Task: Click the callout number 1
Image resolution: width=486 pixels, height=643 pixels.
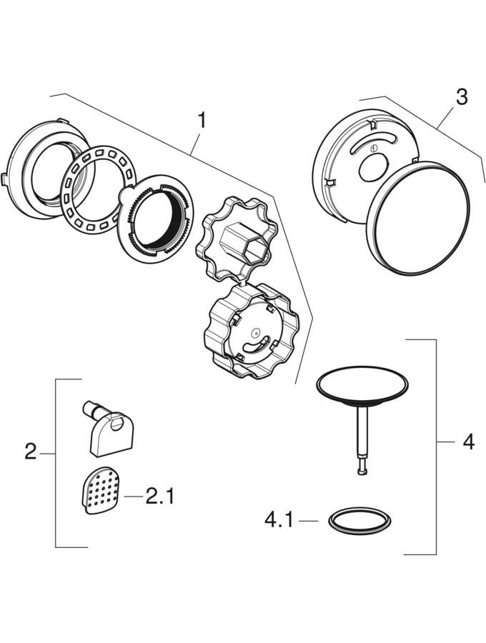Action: pos(202,119)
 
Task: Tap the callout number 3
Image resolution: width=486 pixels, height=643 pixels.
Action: pos(462,96)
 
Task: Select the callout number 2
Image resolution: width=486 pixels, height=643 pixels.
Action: pos(30,452)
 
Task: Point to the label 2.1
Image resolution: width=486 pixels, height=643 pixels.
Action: pos(160,495)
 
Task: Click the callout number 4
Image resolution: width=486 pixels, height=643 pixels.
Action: pos(467,442)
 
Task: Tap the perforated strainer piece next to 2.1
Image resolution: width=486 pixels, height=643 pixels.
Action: pos(96,490)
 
